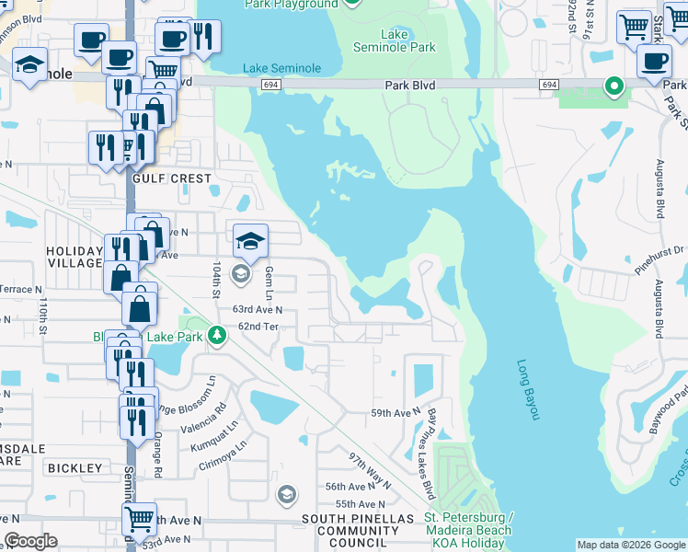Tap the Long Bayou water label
(x=527, y=390)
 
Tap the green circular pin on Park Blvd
(x=613, y=86)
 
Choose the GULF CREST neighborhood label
(x=172, y=178)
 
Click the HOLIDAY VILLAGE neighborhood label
(x=75, y=258)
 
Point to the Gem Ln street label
(x=269, y=283)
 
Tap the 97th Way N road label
(x=369, y=470)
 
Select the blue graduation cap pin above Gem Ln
(x=250, y=241)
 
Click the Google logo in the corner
(x=30, y=541)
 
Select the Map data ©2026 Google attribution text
(x=630, y=545)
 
